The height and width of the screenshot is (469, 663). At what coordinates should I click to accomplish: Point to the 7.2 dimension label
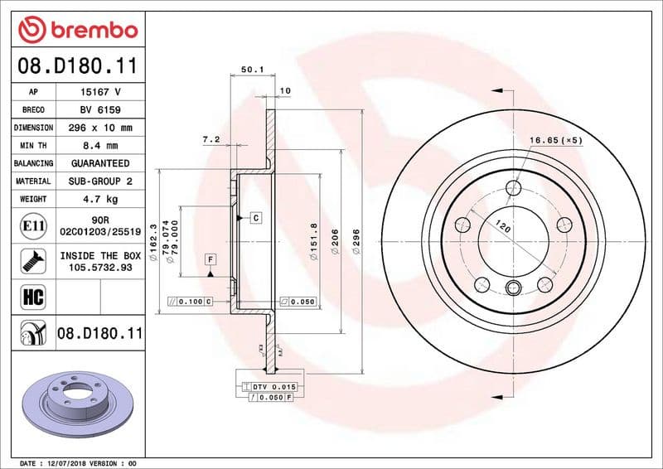coord(211,139)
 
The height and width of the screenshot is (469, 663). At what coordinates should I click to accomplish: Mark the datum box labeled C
coord(256,217)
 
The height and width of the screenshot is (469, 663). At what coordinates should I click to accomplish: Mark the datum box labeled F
coord(211,259)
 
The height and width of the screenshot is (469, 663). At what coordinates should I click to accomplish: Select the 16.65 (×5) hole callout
coord(555,141)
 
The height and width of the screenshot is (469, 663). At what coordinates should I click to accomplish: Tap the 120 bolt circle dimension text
coord(501,225)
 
